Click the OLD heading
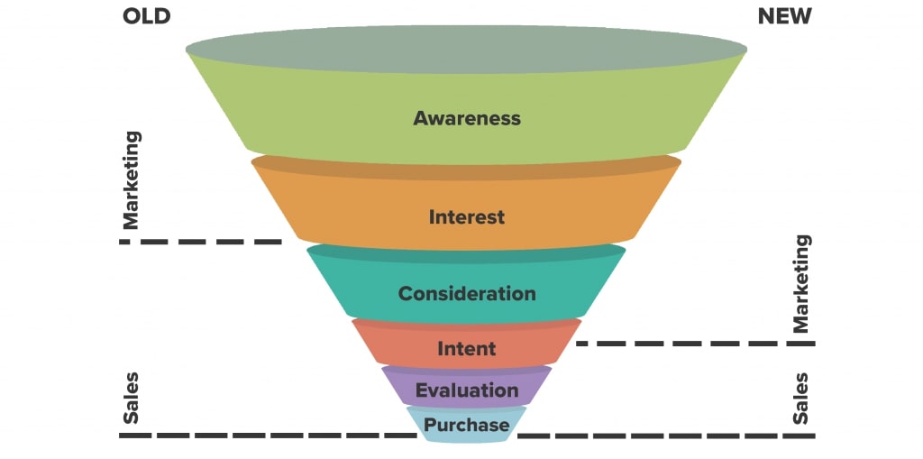(145, 16)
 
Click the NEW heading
(783, 16)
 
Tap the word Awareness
(467, 118)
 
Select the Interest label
(467, 217)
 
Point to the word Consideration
(467, 294)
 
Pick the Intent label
(467, 348)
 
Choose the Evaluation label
(467, 390)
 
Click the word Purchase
(467, 425)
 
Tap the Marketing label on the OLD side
(132, 179)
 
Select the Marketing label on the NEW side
(800, 283)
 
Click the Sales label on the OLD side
(132, 397)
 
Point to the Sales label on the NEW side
(800, 398)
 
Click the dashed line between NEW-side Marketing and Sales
(694, 344)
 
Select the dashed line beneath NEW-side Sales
(667, 436)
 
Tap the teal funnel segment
(361, 289)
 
